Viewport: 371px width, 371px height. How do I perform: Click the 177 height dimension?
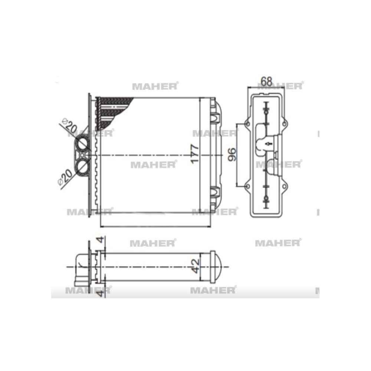click(x=195, y=154)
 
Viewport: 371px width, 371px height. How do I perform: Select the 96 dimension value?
click(x=232, y=154)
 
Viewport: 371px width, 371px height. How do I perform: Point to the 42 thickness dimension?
click(x=196, y=266)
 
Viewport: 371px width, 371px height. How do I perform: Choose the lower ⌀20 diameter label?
click(x=65, y=177)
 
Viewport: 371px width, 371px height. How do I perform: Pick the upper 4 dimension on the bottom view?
click(x=101, y=240)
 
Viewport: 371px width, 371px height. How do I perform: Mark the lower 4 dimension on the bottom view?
click(x=101, y=293)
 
